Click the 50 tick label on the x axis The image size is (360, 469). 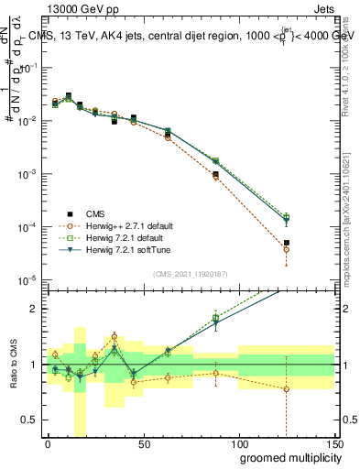(x=143, y=443)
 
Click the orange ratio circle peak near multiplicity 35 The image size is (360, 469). (x=114, y=336)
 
